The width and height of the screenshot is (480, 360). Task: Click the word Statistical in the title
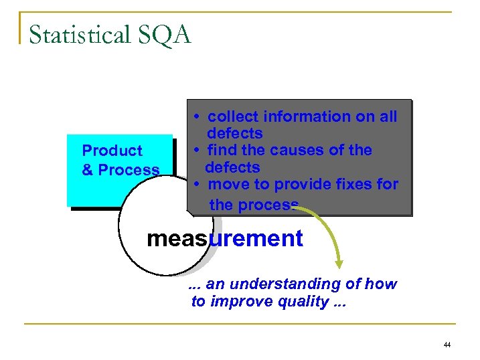77,35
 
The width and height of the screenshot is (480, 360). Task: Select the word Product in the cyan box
112,151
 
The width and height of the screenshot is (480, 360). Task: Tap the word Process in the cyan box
129,171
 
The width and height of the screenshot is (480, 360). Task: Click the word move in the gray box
228,184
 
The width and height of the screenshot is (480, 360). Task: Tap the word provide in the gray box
299,184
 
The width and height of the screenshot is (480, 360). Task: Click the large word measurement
224,238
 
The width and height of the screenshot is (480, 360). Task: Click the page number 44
447,345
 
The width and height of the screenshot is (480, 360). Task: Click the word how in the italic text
382,284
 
